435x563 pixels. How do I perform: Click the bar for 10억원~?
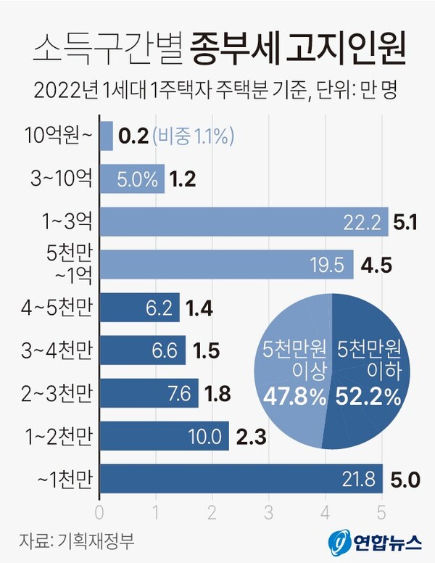tap(106, 136)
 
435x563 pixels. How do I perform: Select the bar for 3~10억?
tap(131, 178)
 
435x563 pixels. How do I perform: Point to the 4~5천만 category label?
tap(57, 308)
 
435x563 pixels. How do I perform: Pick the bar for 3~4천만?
tap(142, 350)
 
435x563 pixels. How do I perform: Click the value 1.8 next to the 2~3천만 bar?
tap(218, 393)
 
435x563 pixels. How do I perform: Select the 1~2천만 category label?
tap(57, 436)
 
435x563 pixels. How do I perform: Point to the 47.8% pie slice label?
tap(294, 396)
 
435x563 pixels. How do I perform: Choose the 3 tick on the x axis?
tap(268, 511)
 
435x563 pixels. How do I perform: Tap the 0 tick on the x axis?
tap(99, 511)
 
